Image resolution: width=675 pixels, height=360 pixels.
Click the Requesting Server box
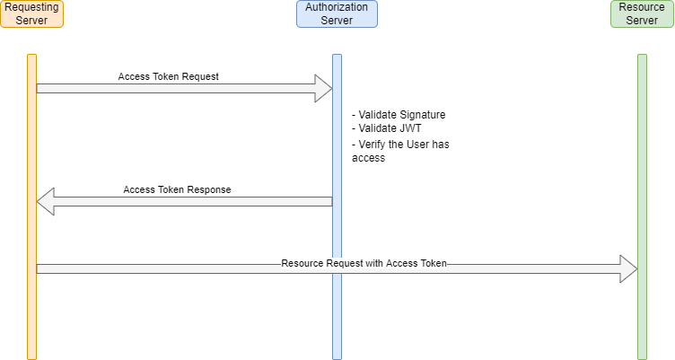(x=31, y=13)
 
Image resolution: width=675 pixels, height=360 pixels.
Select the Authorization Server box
(x=337, y=13)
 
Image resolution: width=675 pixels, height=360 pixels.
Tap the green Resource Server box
(x=642, y=13)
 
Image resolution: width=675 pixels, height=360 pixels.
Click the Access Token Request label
(x=168, y=76)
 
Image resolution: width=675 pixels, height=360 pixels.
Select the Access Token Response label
(x=177, y=189)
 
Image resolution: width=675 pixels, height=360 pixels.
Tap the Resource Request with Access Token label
(x=364, y=264)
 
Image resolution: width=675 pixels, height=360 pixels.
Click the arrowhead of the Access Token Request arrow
(x=323, y=89)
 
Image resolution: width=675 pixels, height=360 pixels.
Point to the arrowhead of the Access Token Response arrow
(x=46, y=202)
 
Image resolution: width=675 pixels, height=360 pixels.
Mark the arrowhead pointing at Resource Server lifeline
(x=628, y=268)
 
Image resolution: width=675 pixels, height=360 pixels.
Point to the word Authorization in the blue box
(x=337, y=7)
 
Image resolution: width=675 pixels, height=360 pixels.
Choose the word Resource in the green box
(x=642, y=7)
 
